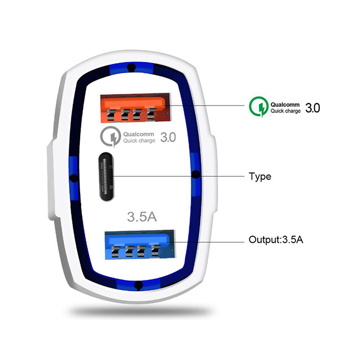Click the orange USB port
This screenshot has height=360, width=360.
tap(136, 107)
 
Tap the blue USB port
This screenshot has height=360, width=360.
tap(140, 245)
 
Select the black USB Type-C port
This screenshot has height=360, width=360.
tap(107, 176)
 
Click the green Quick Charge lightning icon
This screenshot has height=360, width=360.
tap(259, 107)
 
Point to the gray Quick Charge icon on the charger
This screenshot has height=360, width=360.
tap(111, 136)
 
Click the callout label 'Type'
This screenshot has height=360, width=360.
tap(260, 177)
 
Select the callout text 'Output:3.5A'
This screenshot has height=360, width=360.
tap(276, 239)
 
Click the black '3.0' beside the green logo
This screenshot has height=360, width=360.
tap(312, 108)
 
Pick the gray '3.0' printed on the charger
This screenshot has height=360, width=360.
tap(168, 137)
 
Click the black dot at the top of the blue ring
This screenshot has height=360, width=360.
tap(131, 68)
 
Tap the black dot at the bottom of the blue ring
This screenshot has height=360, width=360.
tap(139, 285)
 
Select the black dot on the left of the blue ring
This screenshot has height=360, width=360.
tap(74, 178)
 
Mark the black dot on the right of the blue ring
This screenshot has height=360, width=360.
tap(195, 175)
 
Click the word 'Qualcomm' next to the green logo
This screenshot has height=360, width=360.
tap(285, 105)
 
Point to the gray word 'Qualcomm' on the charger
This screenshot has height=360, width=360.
tap(139, 134)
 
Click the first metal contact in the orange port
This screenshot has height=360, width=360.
tap(111, 114)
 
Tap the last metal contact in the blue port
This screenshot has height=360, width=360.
tap(156, 251)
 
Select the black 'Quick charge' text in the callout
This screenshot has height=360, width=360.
tap(285, 111)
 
